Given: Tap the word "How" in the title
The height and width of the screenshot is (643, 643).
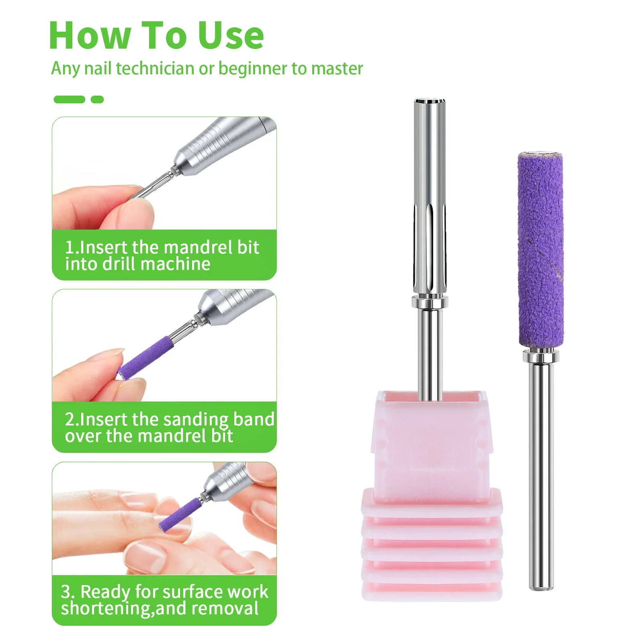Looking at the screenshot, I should click(x=89, y=35).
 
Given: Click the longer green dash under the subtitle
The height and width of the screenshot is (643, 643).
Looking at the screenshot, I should click(x=69, y=99).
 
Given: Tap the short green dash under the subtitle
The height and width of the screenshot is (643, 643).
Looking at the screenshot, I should click(x=97, y=99).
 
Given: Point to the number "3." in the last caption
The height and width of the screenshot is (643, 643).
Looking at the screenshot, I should click(x=68, y=592).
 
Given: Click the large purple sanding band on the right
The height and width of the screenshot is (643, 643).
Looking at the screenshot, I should click(x=540, y=249).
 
